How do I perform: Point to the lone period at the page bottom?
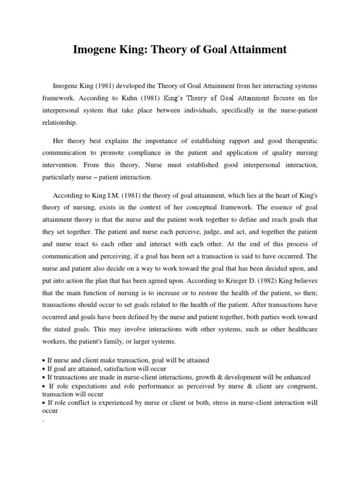pos(43,420)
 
